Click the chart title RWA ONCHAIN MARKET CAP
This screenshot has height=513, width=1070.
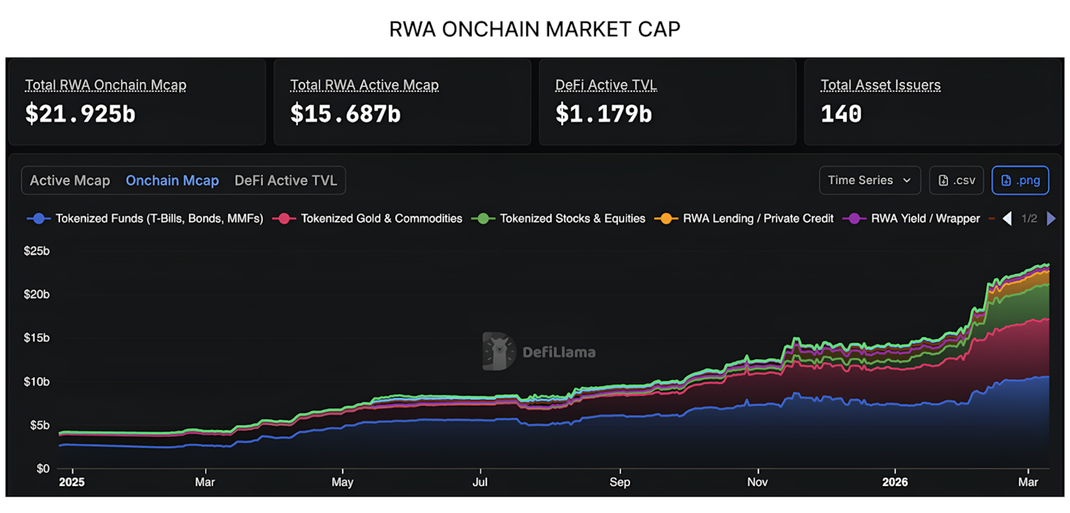point(534,29)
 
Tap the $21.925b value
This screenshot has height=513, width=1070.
point(80,114)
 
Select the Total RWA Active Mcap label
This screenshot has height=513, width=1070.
point(364,85)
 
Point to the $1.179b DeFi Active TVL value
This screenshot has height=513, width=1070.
point(603,114)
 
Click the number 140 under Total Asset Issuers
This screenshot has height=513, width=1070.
point(841,114)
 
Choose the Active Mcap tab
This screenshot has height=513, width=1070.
point(70,181)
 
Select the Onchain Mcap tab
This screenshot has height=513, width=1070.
point(172,181)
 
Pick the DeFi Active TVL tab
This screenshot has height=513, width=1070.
point(285,181)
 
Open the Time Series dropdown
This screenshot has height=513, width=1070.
point(869,180)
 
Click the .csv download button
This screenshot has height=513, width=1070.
point(956,180)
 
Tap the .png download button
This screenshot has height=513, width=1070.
point(1019,180)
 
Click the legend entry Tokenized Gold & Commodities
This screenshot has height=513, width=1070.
point(368,219)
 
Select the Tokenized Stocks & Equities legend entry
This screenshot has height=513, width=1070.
point(559,219)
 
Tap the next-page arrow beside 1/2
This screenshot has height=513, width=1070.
point(1051,219)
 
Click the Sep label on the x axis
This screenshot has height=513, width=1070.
point(620,482)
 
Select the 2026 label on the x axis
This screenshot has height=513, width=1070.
point(895,482)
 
